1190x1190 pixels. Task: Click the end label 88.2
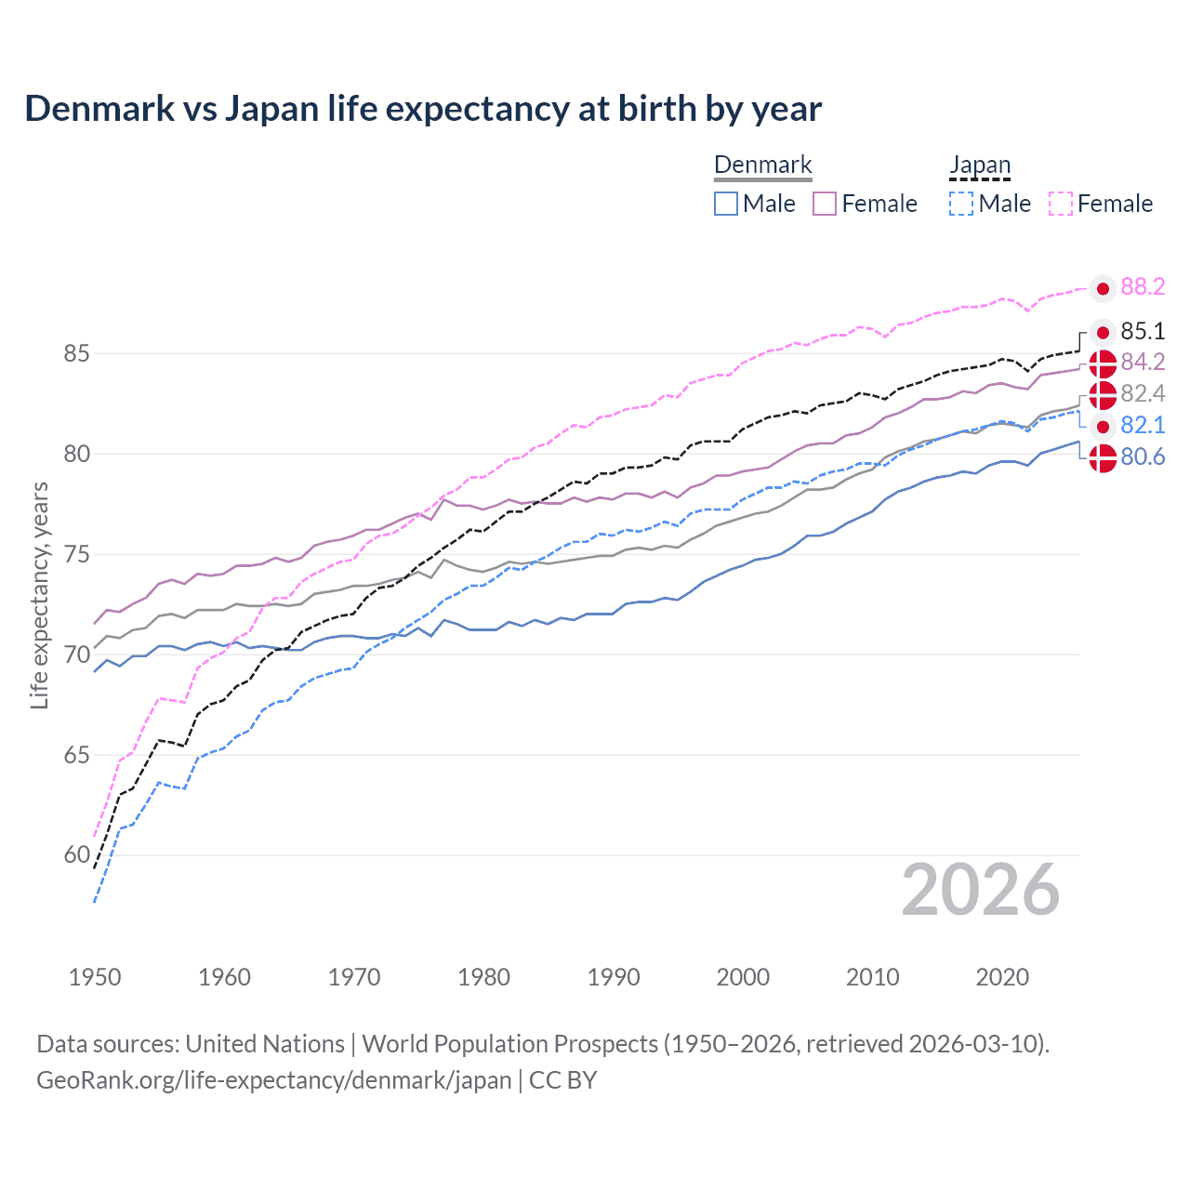click(1143, 287)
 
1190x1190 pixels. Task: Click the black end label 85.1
click(1143, 332)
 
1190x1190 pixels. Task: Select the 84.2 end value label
click(1143, 362)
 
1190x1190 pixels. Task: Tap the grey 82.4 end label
click(1143, 394)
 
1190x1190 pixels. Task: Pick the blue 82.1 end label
click(1143, 426)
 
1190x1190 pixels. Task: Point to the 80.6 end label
click(1143, 457)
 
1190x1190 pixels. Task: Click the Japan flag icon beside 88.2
click(1103, 289)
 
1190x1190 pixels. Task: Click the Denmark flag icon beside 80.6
click(1103, 458)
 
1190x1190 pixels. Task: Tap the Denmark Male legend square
click(726, 204)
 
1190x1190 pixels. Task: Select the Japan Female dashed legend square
click(1061, 204)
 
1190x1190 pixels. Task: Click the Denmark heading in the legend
click(763, 165)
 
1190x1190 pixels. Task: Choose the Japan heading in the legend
click(980, 165)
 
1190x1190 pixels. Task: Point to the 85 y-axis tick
click(77, 354)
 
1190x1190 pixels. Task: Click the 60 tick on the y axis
click(77, 855)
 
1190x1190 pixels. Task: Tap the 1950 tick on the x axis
click(95, 977)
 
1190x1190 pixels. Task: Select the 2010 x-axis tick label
click(872, 977)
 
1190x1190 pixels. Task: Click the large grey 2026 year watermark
click(981, 891)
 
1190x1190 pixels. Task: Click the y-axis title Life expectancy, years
click(40, 595)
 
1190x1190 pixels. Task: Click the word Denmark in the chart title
click(99, 109)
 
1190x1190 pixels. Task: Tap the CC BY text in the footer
click(563, 1080)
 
